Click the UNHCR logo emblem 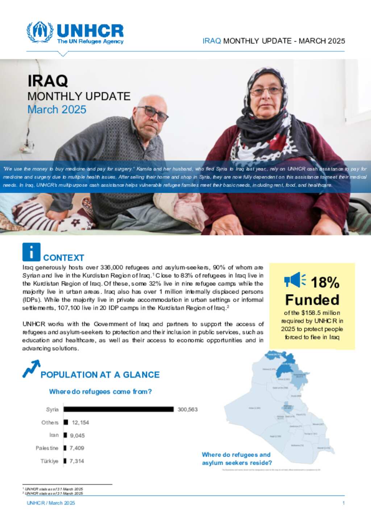tap(40, 32)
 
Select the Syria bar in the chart tap(119, 409)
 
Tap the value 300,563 tap(188, 409)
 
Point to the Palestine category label tap(47, 448)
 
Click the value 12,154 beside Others tap(80, 422)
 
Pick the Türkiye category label tap(49, 461)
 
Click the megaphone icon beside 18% tap(295, 280)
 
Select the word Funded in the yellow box tap(312, 300)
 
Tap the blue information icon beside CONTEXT tap(31, 252)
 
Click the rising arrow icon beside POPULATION tap(31, 368)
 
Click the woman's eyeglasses tap(266, 91)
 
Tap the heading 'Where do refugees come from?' tap(100, 392)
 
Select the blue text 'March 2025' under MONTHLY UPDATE tap(57, 110)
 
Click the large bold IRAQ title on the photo tap(48, 81)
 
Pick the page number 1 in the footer tap(343, 503)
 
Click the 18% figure tap(325, 282)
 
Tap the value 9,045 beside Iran tap(77, 435)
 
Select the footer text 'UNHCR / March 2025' tap(51, 503)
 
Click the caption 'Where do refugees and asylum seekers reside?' tap(237, 459)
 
